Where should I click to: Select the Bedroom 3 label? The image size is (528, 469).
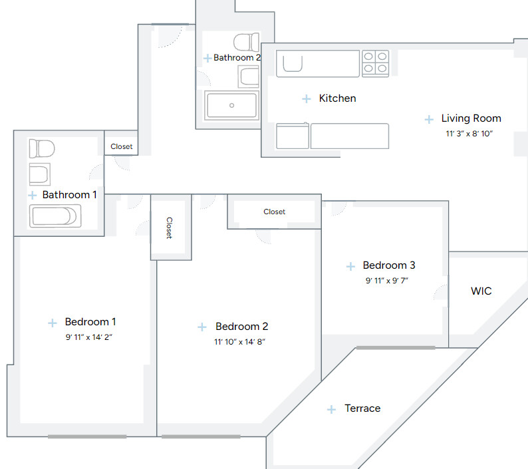pyautogui.click(x=389, y=265)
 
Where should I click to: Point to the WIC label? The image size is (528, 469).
pyautogui.click(x=481, y=291)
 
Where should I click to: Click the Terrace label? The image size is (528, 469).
pyautogui.click(x=362, y=408)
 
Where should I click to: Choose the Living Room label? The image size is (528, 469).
pyautogui.click(x=471, y=118)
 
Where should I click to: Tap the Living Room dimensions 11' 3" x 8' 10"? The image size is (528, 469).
pyautogui.click(x=469, y=134)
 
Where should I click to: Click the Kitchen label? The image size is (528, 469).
pyautogui.click(x=337, y=98)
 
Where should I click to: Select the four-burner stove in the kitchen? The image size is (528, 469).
pyautogui.click(x=375, y=63)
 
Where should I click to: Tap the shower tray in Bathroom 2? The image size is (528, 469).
pyautogui.click(x=231, y=105)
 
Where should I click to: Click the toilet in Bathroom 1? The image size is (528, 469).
pyautogui.click(x=41, y=148)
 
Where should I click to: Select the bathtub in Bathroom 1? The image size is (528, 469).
pyautogui.click(x=55, y=216)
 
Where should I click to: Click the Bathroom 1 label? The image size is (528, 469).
pyautogui.click(x=69, y=195)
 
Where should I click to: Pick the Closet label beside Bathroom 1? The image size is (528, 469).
pyautogui.click(x=121, y=146)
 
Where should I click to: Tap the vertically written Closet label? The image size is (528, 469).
pyautogui.click(x=170, y=228)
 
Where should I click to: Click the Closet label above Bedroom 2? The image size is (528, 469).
pyautogui.click(x=274, y=212)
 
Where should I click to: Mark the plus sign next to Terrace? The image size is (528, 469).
pyautogui.click(x=331, y=410)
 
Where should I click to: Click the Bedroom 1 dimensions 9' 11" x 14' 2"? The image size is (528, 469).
pyautogui.click(x=89, y=337)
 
